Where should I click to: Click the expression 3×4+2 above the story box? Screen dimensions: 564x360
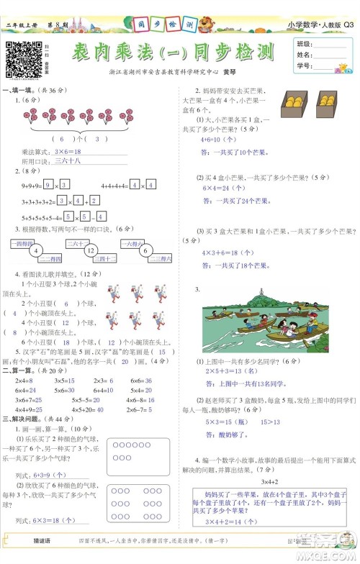click(x=270, y=481)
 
